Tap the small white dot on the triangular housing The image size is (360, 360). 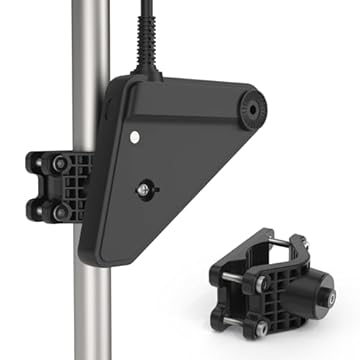(x=132, y=132)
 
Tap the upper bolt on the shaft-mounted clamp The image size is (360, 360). (x=62, y=162)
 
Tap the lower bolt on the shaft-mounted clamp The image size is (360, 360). (x=62, y=212)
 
